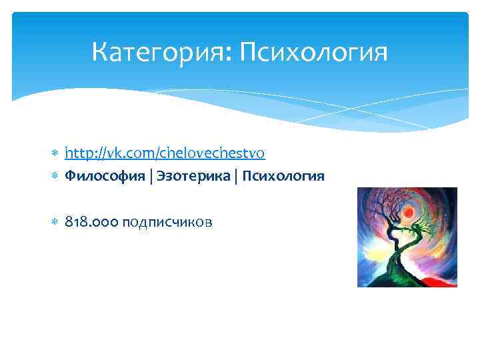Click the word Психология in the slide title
(x=312, y=52)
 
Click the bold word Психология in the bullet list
(x=284, y=176)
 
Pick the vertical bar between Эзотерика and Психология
(x=238, y=176)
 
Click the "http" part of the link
(x=77, y=153)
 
